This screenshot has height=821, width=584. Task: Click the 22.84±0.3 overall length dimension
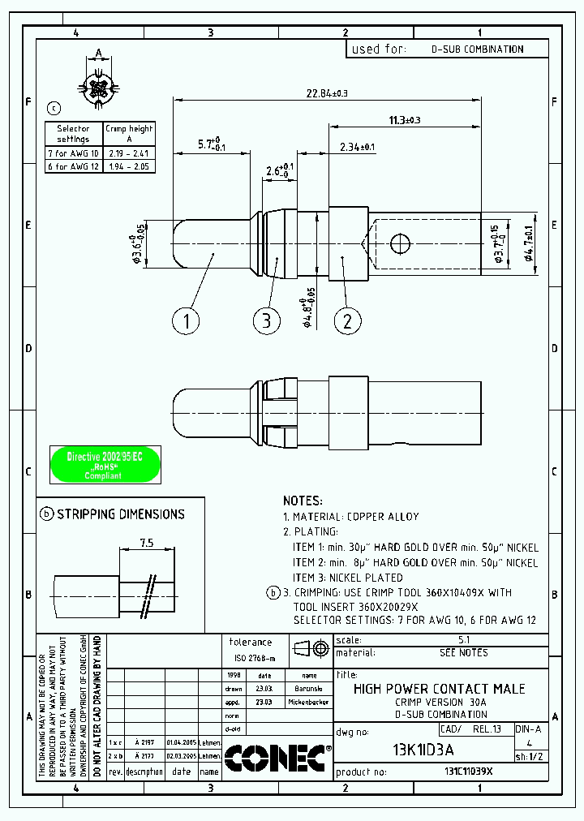click(327, 93)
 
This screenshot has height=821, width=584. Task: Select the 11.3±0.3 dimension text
click(405, 120)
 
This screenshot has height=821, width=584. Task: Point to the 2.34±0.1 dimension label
click(357, 147)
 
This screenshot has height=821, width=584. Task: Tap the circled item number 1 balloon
click(186, 320)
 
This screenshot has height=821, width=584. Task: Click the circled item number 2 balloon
click(348, 320)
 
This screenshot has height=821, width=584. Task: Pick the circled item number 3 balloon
click(266, 320)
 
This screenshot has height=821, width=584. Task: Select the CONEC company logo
click(276, 759)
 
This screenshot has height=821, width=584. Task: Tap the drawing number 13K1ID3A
click(423, 749)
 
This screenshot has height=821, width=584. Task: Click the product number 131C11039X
click(468, 772)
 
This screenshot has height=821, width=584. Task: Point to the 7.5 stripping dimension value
click(147, 543)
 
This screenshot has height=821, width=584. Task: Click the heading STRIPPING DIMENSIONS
click(120, 514)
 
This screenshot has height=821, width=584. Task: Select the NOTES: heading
click(303, 501)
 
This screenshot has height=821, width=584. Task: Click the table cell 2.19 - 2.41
click(129, 153)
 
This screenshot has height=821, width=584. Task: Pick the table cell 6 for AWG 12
click(73, 166)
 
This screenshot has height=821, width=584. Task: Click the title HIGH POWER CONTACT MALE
click(440, 689)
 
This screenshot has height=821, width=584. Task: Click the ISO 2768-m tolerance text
click(255, 658)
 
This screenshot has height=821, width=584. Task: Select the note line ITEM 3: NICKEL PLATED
click(347, 578)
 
